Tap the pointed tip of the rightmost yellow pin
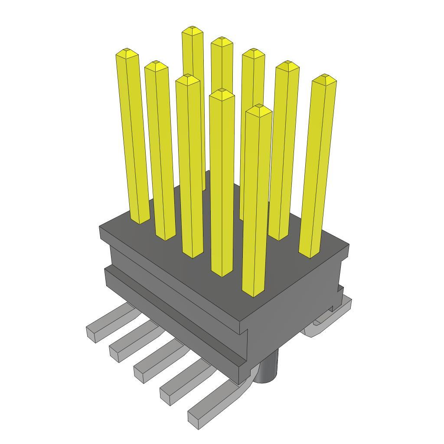pos(324,78)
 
